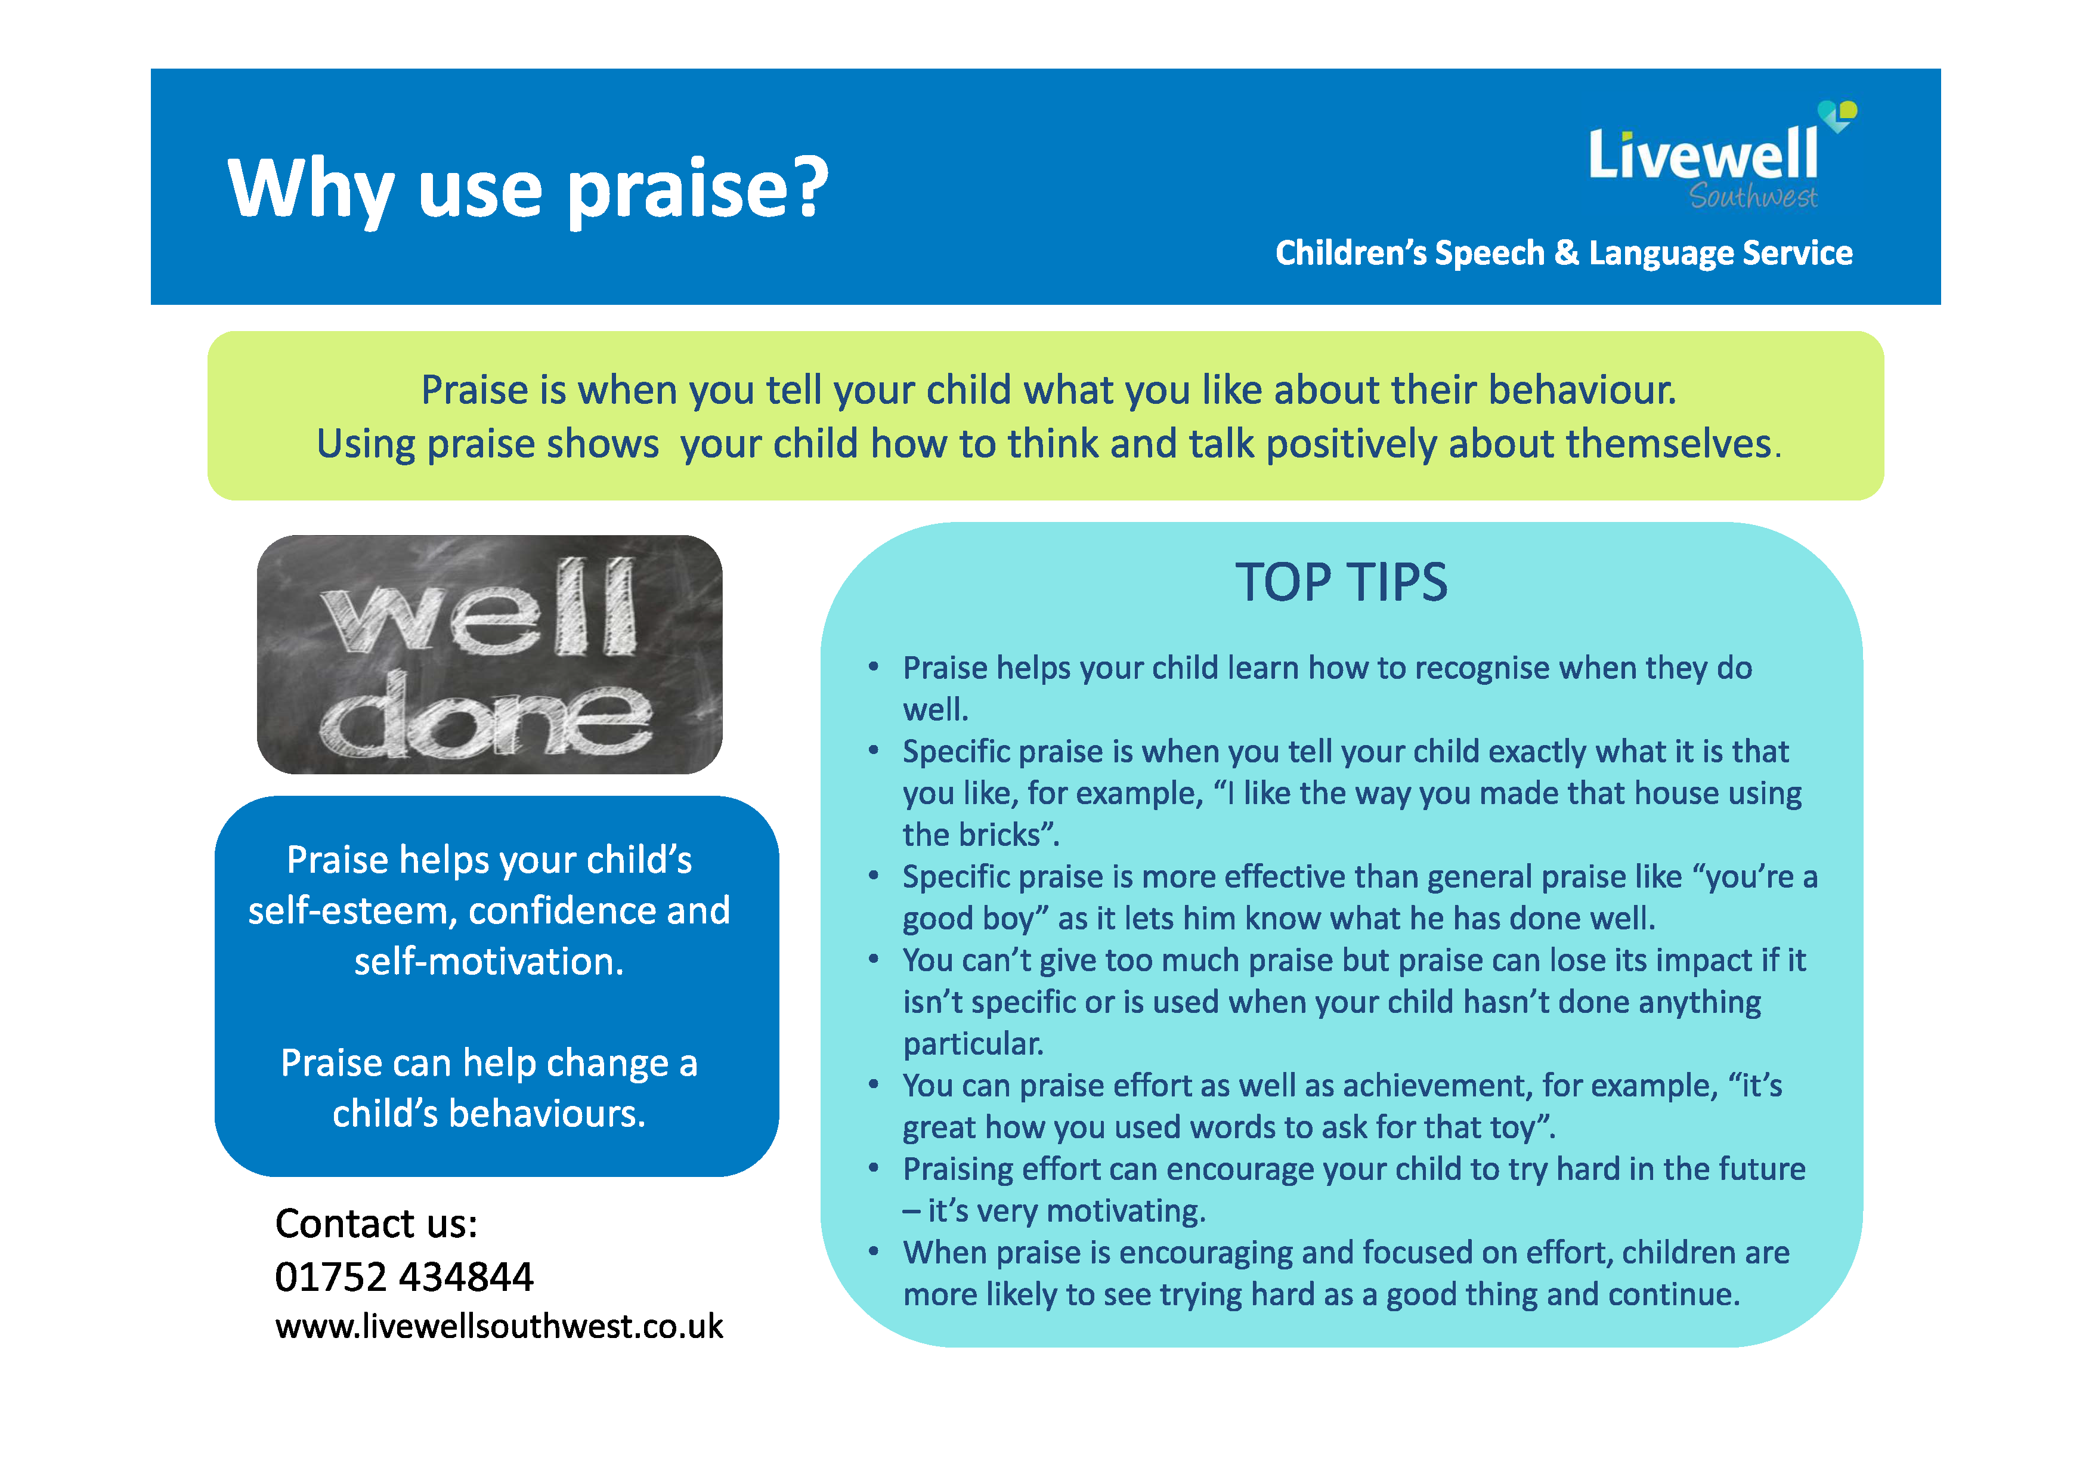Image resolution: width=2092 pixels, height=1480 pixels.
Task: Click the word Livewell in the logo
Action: coord(1702,155)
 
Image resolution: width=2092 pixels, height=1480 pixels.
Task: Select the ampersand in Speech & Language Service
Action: coord(1566,252)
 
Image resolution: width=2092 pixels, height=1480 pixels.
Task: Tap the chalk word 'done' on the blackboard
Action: coord(485,718)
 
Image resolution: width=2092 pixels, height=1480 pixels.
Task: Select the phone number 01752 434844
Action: coord(404,1277)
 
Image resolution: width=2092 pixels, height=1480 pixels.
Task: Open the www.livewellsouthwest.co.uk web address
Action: coord(499,1326)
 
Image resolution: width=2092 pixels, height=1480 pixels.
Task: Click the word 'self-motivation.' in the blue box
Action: coord(489,962)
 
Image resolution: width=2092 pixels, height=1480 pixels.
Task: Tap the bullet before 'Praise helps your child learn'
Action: coord(873,667)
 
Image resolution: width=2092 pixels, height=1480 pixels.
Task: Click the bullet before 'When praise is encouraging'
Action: coord(873,1252)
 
